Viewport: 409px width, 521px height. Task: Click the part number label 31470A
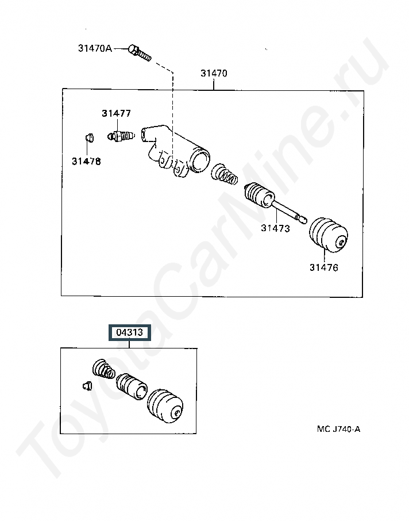(x=95, y=48)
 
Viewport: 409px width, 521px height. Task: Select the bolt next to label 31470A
(x=140, y=53)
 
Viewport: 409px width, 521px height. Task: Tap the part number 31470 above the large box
(x=214, y=73)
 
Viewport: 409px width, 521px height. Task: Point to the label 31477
(x=116, y=113)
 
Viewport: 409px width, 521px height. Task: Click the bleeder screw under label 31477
(x=121, y=136)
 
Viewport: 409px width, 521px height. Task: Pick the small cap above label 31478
(x=89, y=137)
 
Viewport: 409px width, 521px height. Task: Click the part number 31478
(x=86, y=162)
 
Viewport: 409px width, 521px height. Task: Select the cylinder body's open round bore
(x=200, y=159)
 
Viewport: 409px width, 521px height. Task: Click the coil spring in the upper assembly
(x=225, y=174)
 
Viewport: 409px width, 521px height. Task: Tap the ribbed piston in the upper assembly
(x=259, y=196)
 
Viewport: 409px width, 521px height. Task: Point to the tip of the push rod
(x=305, y=220)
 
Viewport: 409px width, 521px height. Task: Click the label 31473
(x=275, y=228)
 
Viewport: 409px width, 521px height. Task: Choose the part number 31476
(x=323, y=267)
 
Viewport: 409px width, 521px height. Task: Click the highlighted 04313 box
(x=130, y=332)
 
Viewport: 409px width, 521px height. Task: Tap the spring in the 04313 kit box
(x=103, y=369)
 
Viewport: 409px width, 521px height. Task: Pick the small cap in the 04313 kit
(x=87, y=385)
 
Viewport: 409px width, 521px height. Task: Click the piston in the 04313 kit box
(x=132, y=386)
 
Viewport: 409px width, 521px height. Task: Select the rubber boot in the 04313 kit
(x=165, y=407)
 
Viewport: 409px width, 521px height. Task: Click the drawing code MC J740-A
(x=338, y=429)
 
